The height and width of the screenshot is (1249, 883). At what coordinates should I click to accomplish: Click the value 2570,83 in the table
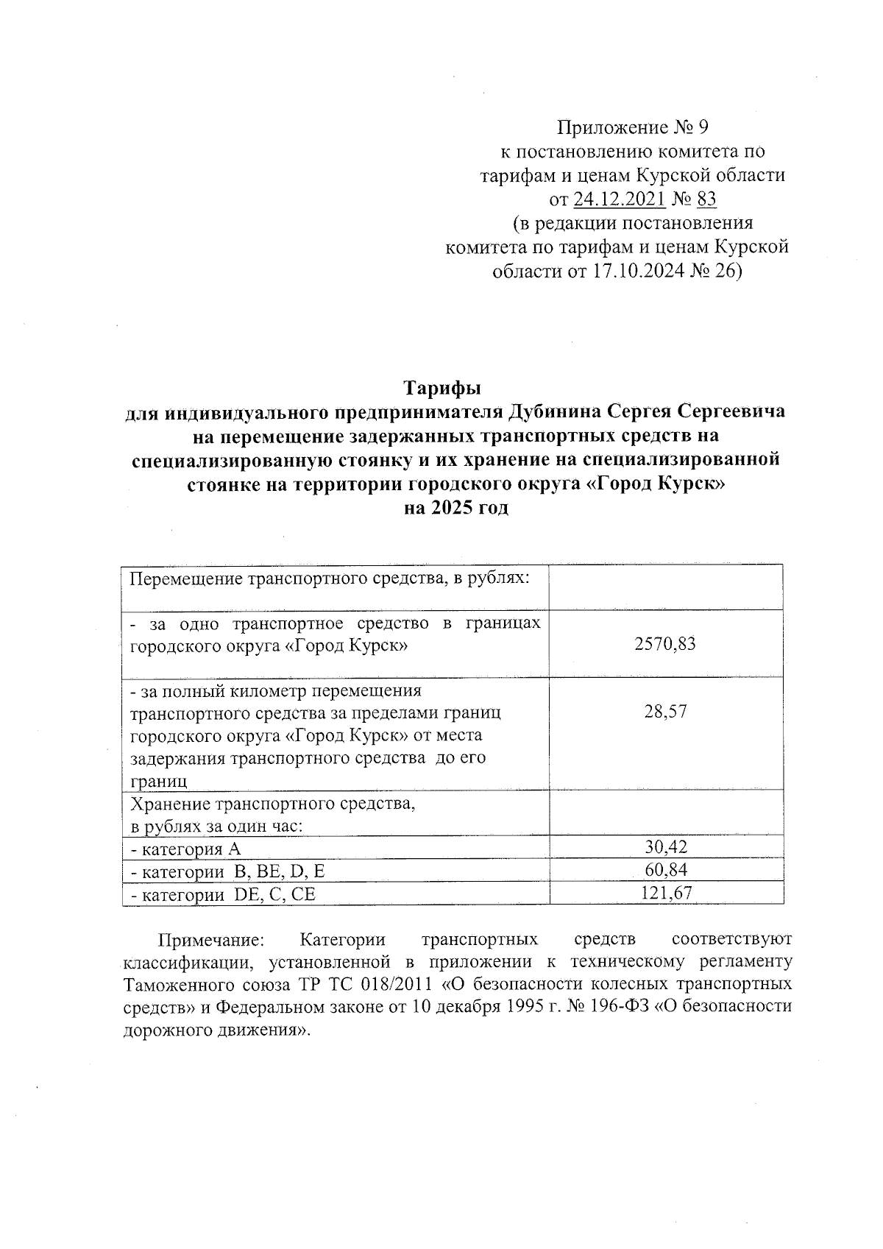tap(664, 644)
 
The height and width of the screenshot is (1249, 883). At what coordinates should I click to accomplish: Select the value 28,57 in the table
tap(665, 711)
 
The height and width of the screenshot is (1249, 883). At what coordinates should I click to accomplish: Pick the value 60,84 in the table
tap(665, 870)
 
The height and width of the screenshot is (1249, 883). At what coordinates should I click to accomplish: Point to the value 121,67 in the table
tap(665, 893)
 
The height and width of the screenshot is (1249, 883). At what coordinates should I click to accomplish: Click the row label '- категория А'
tap(185, 849)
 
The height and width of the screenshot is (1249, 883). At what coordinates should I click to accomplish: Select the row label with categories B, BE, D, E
tap(227, 872)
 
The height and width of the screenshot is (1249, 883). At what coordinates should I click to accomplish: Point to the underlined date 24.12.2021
tap(620, 199)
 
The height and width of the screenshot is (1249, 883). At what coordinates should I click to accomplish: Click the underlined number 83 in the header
tap(706, 199)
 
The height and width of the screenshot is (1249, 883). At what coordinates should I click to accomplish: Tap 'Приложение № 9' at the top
tap(632, 128)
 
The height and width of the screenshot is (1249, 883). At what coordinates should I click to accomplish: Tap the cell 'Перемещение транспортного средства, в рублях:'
tap(330, 578)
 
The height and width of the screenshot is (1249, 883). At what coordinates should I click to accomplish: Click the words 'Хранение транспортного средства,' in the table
tap(272, 804)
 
